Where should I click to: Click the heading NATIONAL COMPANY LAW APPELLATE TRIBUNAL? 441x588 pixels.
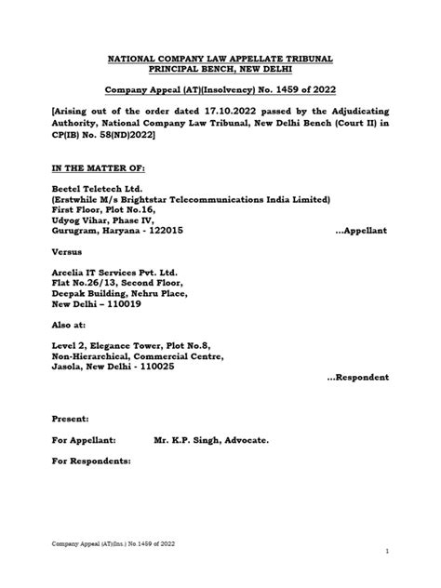point(220,60)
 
